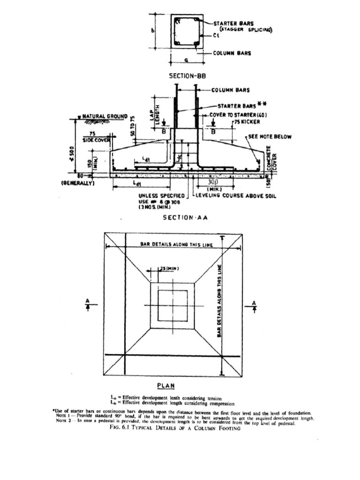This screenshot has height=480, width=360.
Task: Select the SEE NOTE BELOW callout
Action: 270,137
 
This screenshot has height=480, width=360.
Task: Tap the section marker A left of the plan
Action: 88,303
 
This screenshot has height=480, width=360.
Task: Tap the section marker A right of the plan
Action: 254,303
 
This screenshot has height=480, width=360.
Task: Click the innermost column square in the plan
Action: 172,305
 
